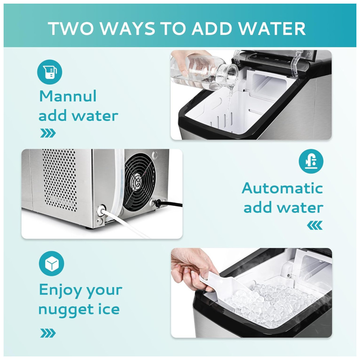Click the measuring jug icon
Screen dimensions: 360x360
[x=50, y=72]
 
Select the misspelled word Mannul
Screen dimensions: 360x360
[x=68, y=96]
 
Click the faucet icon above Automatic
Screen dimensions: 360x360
[x=311, y=161]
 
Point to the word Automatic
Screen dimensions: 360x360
[x=282, y=188]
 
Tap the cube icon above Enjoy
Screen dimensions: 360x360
[x=51, y=264]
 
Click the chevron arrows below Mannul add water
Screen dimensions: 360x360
[x=48, y=133]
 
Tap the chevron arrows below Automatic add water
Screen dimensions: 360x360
[x=315, y=225]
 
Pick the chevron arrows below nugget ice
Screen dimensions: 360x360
[x=48, y=333]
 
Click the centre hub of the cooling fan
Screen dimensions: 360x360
[x=138, y=181]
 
